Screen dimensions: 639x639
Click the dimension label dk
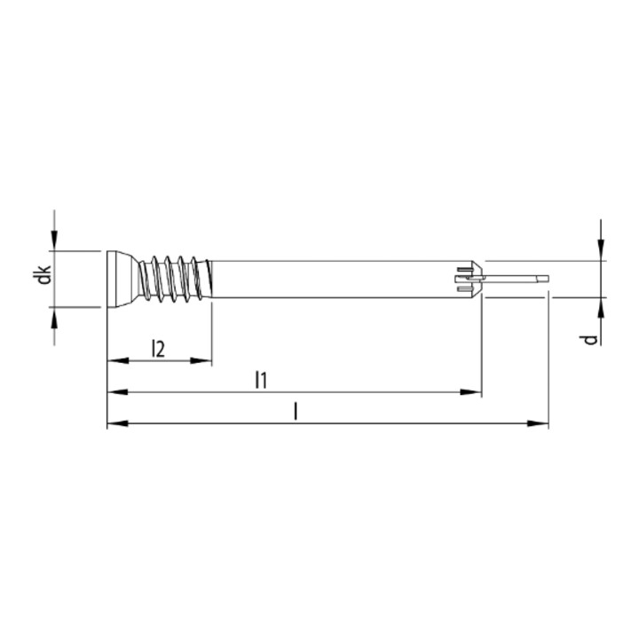point(43,274)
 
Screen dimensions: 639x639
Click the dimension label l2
point(158,349)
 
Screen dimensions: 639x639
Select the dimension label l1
point(261,380)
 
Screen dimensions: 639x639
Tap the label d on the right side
point(591,339)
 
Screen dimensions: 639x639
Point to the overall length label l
point(296,411)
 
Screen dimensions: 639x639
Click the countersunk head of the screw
point(122,280)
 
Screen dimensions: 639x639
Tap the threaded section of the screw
point(176,280)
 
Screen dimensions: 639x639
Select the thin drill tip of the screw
point(516,280)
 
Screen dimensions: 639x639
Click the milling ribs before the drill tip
point(469,280)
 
